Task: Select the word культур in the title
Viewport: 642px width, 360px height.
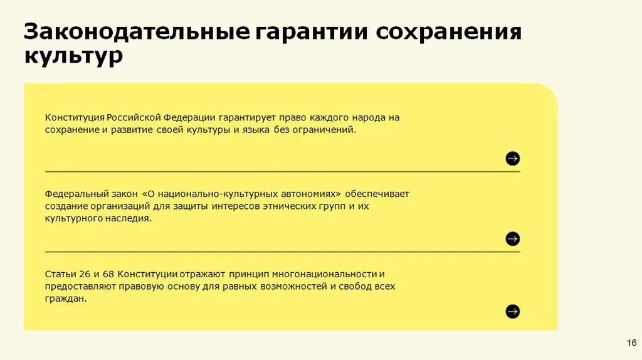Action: (74, 56)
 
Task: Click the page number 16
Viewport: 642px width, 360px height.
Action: (632, 343)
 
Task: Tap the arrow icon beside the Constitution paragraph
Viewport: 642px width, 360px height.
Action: (513, 159)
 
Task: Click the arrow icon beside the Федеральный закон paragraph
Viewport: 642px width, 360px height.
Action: (513, 239)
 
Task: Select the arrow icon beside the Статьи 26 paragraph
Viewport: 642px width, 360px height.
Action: (513, 312)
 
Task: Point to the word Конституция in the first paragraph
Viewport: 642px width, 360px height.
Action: (75, 118)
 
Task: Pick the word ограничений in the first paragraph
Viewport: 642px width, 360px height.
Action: (324, 130)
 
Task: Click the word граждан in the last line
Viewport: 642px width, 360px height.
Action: (66, 299)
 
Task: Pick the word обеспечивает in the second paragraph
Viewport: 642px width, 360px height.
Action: (377, 194)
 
